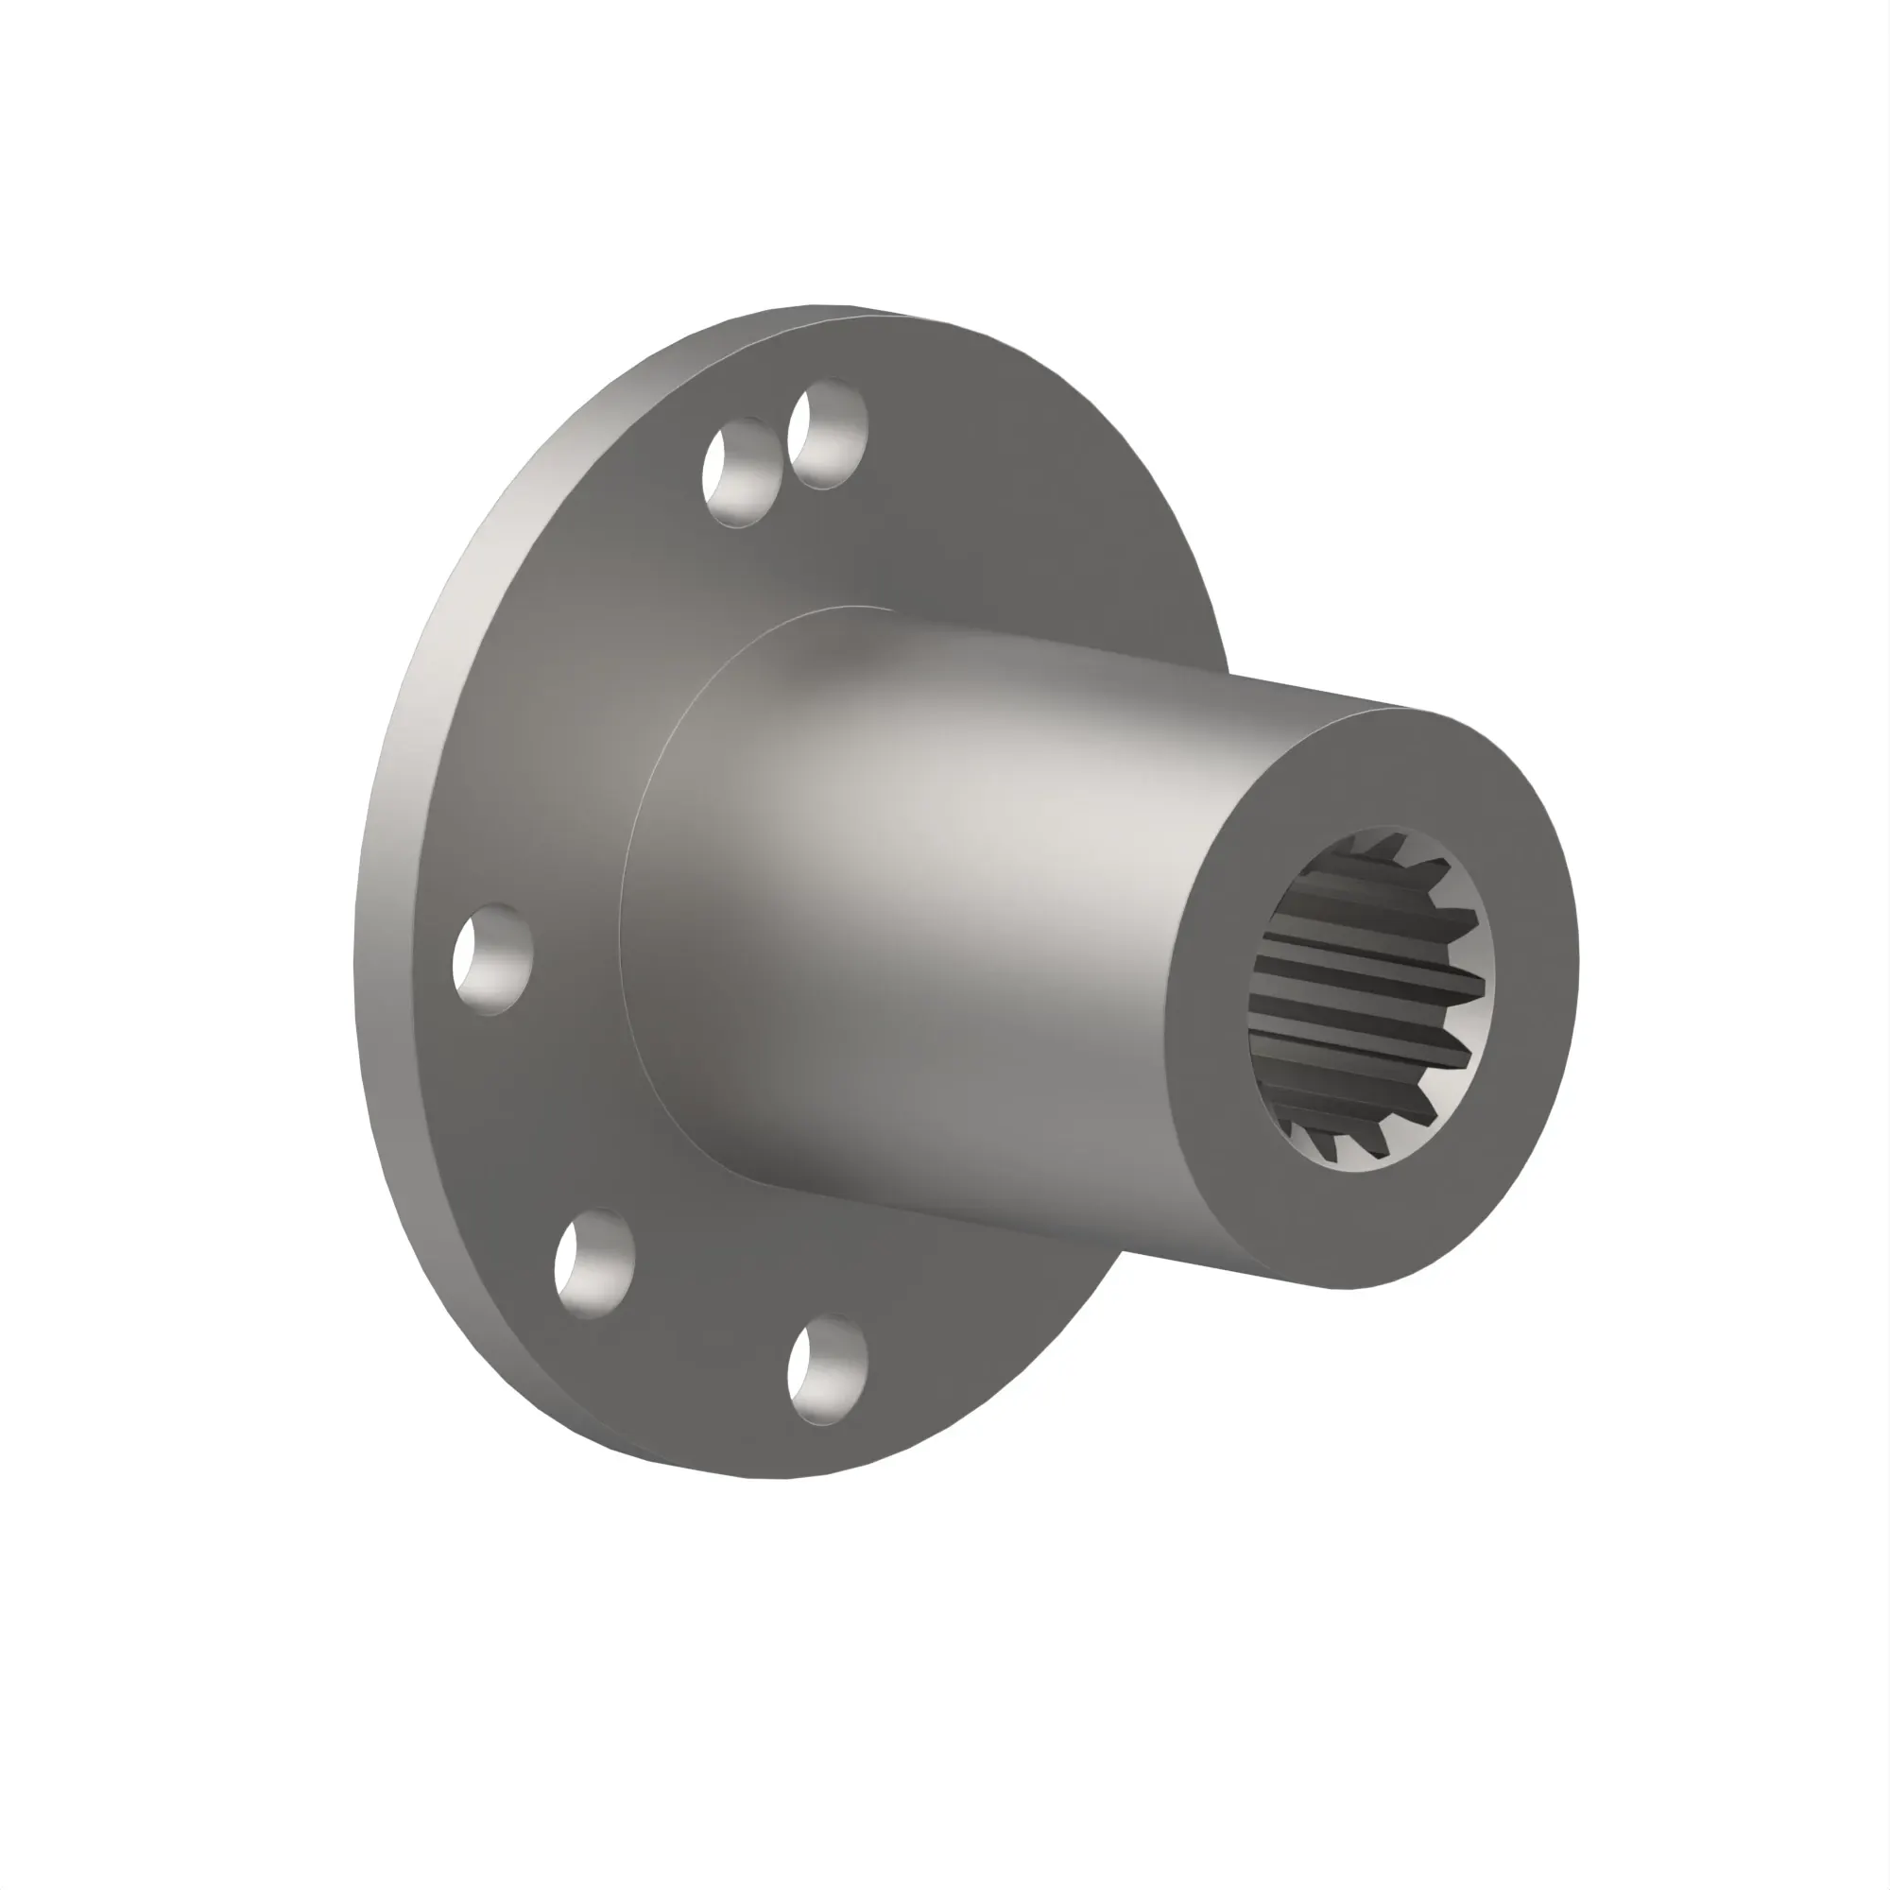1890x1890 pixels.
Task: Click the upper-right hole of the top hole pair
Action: coord(828,435)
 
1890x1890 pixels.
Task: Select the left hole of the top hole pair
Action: coord(741,472)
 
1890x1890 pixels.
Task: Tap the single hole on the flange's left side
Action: coord(492,957)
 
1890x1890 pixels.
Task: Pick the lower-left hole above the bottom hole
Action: coord(593,1262)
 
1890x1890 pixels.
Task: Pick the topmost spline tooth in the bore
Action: coord(1389,843)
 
